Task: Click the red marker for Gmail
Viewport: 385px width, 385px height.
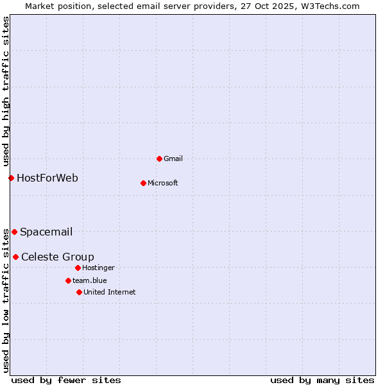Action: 159,158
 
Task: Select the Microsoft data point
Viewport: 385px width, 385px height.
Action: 143,183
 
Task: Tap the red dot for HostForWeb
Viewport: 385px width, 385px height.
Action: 11,178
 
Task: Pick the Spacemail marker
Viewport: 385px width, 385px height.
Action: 14,232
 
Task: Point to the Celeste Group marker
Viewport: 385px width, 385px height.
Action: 15,257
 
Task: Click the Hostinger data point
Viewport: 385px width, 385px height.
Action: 78,268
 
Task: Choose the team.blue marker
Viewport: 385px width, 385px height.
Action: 68,280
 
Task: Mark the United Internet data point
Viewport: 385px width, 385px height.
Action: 79,292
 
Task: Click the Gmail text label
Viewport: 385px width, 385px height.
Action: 173,158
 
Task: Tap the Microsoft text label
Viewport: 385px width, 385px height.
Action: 162,183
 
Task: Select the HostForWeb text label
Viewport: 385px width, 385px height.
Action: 47,178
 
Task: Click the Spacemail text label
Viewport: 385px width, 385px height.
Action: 46,232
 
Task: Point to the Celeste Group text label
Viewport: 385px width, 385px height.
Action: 58,257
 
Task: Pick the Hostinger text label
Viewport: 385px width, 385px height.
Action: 98,268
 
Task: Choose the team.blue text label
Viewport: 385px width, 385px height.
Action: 89,280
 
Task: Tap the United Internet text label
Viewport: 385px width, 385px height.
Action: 109,292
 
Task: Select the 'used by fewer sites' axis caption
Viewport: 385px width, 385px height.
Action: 66,380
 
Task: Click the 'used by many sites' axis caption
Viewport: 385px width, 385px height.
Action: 322,380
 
